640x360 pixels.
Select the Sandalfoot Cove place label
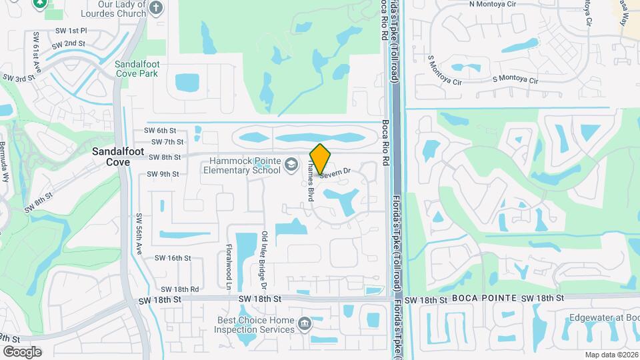coord(109,157)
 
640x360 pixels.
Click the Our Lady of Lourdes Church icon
coord(155,8)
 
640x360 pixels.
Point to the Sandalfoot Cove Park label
coord(137,69)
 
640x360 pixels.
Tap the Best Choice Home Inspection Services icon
coord(305,324)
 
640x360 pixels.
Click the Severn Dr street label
coord(337,172)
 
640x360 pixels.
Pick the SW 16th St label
coord(173,258)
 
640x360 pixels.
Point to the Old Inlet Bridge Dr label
coord(264,260)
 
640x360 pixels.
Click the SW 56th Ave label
coord(140,234)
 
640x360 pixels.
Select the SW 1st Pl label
coord(71,31)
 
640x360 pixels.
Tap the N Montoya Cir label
coord(494,4)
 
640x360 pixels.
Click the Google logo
coord(22,351)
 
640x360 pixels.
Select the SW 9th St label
coord(163,174)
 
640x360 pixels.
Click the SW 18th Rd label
coord(180,289)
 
